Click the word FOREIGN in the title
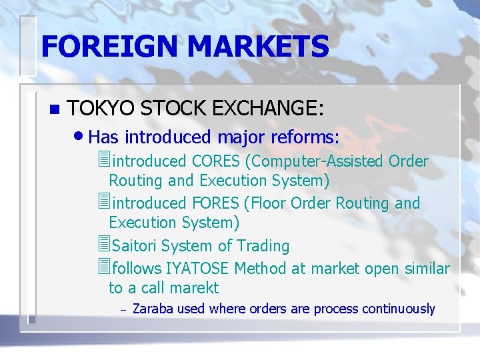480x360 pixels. click(x=109, y=47)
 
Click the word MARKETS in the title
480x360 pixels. click(x=258, y=47)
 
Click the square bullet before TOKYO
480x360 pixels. click(x=55, y=109)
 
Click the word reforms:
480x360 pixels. click(x=305, y=138)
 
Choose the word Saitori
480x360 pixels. click(x=135, y=246)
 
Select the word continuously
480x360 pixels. click(x=399, y=309)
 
